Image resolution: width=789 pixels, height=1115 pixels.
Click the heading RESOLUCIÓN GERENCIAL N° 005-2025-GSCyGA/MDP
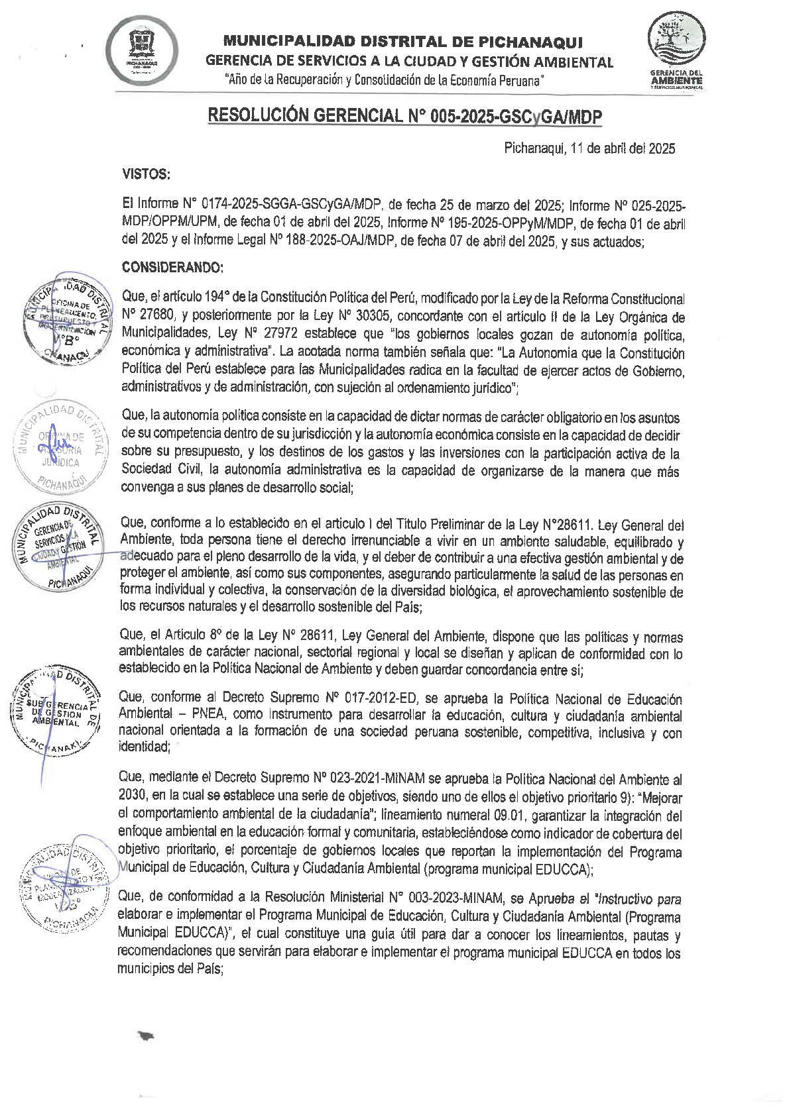405,117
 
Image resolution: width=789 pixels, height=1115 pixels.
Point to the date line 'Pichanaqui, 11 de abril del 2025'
589,148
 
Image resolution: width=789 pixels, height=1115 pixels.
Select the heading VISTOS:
147,174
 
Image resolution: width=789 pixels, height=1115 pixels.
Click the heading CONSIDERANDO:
173,268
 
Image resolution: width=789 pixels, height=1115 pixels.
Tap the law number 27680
157,317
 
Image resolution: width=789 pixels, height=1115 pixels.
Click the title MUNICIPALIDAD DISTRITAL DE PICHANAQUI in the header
402,43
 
